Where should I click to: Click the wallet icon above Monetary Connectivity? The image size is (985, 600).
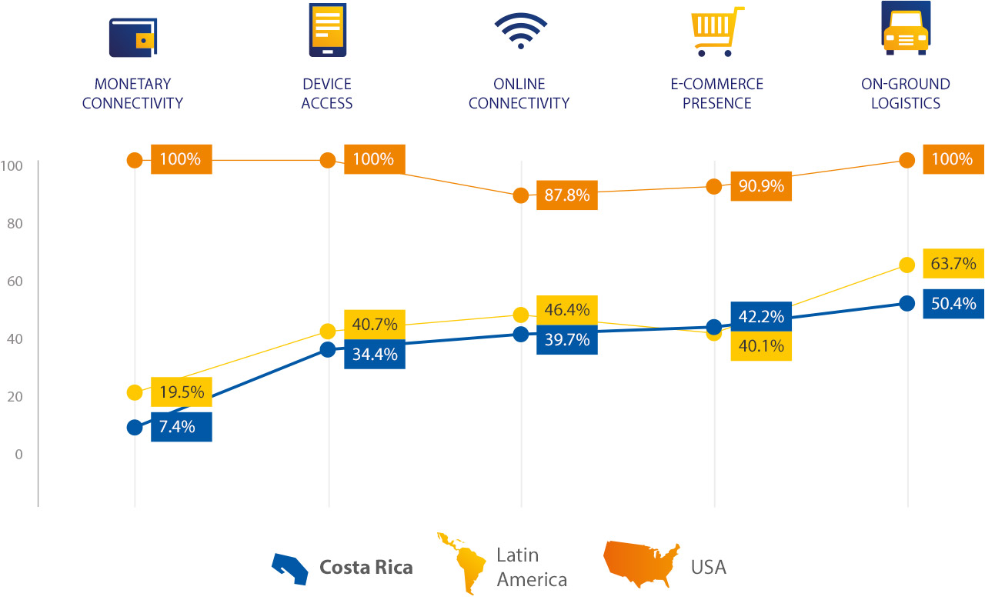132,37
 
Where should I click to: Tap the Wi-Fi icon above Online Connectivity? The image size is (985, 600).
520,31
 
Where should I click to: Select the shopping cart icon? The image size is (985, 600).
716,32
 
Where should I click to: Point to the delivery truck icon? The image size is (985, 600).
906,28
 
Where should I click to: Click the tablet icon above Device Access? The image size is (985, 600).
327,29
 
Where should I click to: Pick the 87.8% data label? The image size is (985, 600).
566,195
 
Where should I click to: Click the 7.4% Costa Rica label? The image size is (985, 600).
181,427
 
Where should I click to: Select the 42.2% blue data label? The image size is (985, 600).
760,316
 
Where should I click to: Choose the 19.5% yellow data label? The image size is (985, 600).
181,392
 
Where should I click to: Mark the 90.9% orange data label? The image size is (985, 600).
760,186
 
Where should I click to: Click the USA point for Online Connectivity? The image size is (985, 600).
521,195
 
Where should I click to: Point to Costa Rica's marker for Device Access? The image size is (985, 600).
328,349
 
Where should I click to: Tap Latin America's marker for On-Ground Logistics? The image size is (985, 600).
907,265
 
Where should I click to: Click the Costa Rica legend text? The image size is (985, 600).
366,568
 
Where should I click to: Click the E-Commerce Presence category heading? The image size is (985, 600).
716,93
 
